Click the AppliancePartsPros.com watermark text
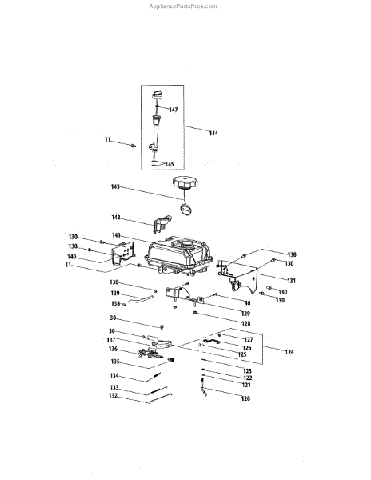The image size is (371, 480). pos(182,6)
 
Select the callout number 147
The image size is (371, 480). pos(174,110)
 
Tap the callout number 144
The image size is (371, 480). pos(213,133)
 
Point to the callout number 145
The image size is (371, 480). pos(170,164)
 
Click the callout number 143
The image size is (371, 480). pos(115,186)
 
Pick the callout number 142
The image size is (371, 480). pos(116,218)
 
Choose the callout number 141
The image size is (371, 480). pos(116,235)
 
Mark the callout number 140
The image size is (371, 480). pos(72,257)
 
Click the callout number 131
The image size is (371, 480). pos(292,281)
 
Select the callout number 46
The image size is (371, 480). pos(247,303)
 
